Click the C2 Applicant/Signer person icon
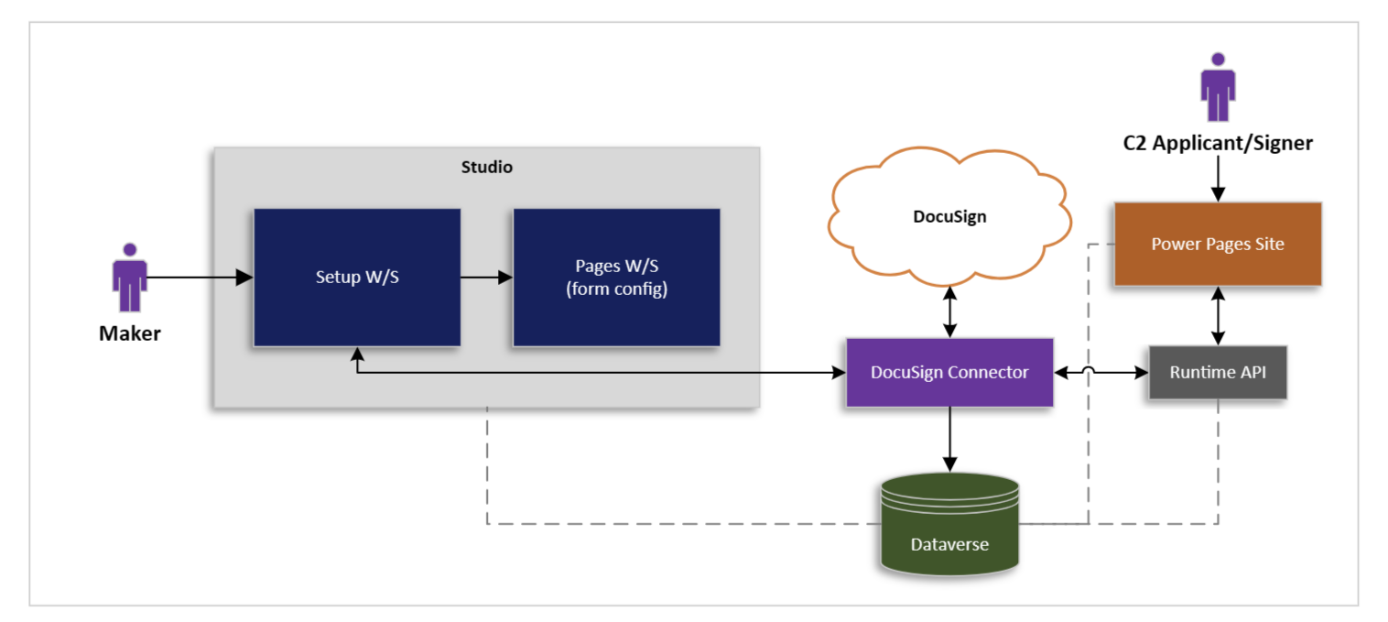click(x=1218, y=87)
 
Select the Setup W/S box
click(x=357, y=278)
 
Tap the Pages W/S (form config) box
click(x=616, y=278)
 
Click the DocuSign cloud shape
click(x=949, y=217)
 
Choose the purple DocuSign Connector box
click(x=949, y=373)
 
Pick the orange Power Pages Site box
click(x=1218, y=245)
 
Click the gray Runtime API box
click(x=1218, y=373)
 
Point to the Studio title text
click(x=486, y=168)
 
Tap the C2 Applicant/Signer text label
click(x=1218, y=143)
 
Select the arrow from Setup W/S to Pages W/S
click(x=486, y=278)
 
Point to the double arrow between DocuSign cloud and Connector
click(x=949, y=311)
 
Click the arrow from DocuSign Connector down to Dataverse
click(x=949, y=440)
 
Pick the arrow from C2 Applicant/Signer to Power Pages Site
click(x=1218, y=178)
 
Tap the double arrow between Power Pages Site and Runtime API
click(x=1218, y=316)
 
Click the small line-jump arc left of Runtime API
click(x=1089, y=371)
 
